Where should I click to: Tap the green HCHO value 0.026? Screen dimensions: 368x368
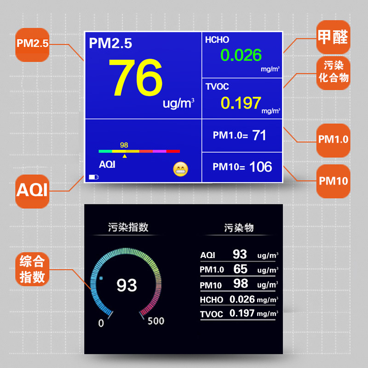point(241,55)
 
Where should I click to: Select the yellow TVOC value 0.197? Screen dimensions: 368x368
point(241,103)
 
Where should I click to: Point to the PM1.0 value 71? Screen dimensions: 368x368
point(259,135)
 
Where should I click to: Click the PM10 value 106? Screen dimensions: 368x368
point(261,167)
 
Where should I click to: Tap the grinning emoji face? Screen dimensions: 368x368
point(181,170)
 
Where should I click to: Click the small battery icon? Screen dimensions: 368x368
point(94,177)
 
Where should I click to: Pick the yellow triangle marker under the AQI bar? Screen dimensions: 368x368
point(124,156)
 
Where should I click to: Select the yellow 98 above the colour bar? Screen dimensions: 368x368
point(124,145)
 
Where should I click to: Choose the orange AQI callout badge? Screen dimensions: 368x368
point(32,190)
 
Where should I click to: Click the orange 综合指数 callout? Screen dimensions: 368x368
point(32,270)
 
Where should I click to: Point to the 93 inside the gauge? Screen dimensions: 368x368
point(126,285)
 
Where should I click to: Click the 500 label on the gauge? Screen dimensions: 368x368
point(155,321)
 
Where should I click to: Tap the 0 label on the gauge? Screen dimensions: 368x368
point(101,323)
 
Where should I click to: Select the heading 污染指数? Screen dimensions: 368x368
point(128,227)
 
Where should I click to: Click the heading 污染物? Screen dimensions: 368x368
point(239,227)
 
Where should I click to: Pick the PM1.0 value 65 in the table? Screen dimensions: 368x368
point(240,269)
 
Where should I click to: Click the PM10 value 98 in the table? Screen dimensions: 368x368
point(241,283)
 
